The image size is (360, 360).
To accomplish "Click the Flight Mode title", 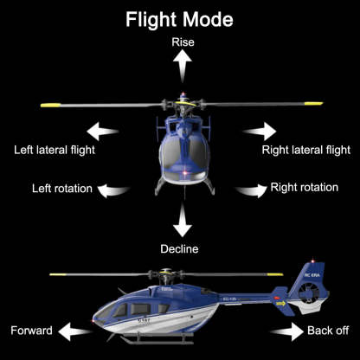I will tap(180, 18).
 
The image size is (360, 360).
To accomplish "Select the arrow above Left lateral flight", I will tap(101, 132).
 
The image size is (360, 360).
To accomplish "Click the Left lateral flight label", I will tap(55, 150).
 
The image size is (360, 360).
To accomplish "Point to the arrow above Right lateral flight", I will tap(259, 132).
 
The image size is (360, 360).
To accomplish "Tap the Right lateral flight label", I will tap(305, 150).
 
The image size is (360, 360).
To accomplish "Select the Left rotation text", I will tap(61, 188).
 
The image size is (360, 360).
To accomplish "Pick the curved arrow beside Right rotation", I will tap(249, 189).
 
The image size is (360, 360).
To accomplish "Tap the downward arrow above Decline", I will tap(181, 222).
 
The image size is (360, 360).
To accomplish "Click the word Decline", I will tap(179, 249).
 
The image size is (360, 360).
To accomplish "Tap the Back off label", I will tap(329, 331).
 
